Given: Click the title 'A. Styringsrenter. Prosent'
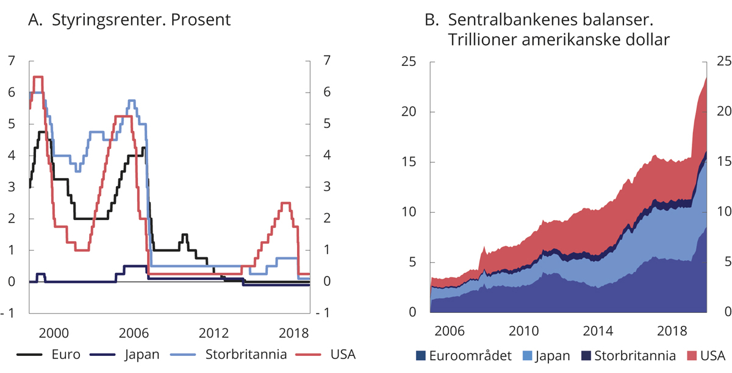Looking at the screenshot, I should pos(129,20).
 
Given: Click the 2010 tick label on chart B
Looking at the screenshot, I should pos(523,332).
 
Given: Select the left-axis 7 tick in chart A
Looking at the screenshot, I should pos(11,60).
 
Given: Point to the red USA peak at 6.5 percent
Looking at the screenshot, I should pos(38,77).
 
